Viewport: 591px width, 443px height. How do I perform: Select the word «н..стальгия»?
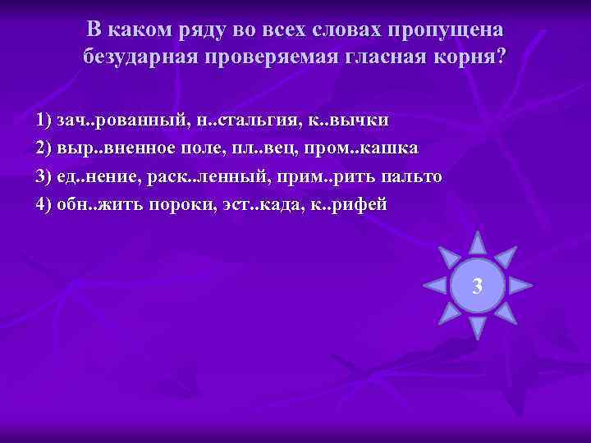241,120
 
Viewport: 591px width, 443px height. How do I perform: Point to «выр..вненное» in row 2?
108,148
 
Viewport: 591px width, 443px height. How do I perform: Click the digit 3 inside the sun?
478,287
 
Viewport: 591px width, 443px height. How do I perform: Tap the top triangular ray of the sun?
478,242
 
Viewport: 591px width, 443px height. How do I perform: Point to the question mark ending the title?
502,57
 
